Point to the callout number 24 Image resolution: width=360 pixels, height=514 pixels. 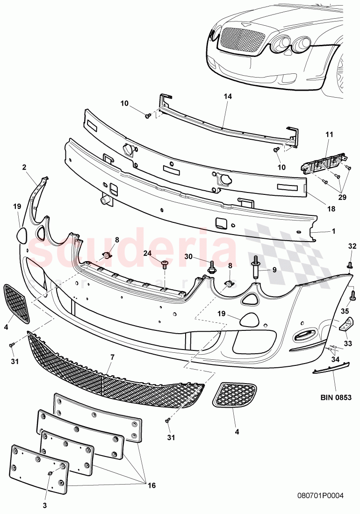point(148,253)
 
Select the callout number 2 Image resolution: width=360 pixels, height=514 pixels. point(24,166)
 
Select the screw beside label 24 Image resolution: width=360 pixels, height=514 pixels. point(165,265)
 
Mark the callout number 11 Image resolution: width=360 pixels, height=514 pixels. point(329,135)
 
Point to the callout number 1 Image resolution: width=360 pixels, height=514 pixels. point(333,231)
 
